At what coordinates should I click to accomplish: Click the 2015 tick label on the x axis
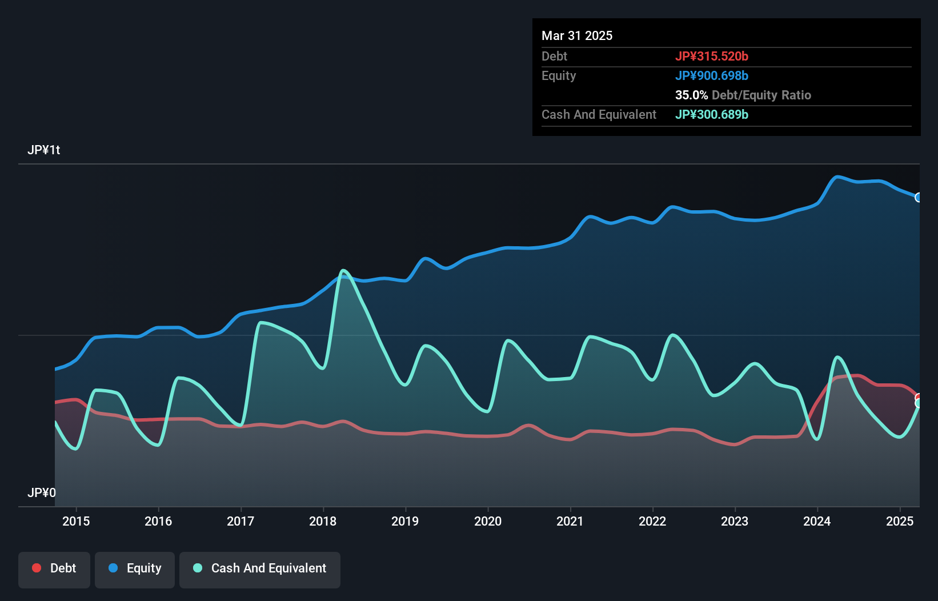[x=76, y=521]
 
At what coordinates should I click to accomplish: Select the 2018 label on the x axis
[x=323, y=521]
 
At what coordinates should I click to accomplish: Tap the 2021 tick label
[x=570, y=521]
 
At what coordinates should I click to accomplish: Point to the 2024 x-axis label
[x=817, y=521]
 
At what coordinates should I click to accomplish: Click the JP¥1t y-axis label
[x=44, y=150]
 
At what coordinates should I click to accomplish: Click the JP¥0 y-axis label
[x=42, y=492]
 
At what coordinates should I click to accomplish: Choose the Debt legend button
[x=54, y=568]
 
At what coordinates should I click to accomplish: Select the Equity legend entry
[x=135, y=568]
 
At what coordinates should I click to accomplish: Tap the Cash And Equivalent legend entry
[x=260, y=568]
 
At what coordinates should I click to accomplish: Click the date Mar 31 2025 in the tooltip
[x=577, y=36]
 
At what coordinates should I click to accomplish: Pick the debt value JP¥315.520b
[x=711, y=57]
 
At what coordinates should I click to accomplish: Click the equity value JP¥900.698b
[x=711, y=76]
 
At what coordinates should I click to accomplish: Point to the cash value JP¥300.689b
[x=711, y=115]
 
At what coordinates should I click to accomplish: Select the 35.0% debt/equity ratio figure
[x=691, y=95]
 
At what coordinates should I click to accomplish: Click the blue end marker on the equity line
[x=919, y=198]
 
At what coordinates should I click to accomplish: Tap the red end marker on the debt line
[x=919, y=397]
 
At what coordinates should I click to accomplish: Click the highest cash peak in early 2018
[x=343, y=271]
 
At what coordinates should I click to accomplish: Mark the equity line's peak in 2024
[x=837, y=177]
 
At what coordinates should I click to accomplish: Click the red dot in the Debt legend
[x=37, y=568]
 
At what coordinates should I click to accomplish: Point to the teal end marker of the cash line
[x=919, y=404]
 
